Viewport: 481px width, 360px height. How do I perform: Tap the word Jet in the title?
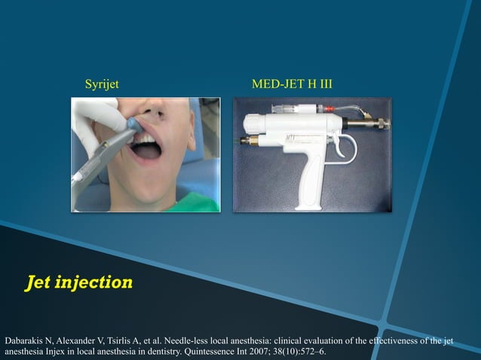pos(42,283)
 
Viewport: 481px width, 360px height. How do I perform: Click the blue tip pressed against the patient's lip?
pos(131,123)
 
